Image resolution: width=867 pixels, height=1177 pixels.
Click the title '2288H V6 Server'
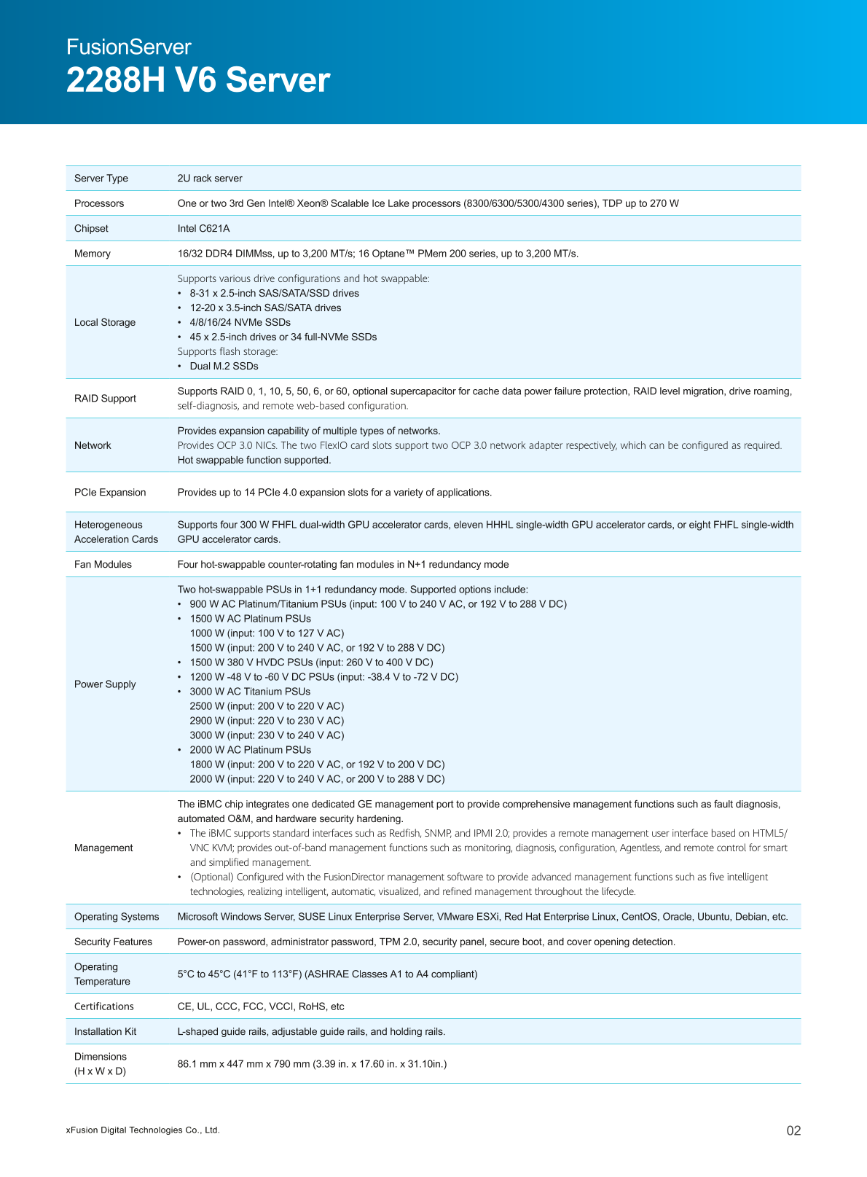198,80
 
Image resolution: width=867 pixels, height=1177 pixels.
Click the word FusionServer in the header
128,47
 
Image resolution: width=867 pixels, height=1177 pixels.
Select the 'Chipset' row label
91,229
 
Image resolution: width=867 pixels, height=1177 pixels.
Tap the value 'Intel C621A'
203,229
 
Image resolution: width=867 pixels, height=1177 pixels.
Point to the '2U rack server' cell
210,179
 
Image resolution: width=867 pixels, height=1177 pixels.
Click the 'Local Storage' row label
105,323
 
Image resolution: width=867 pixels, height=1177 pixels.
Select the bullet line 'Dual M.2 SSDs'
224,367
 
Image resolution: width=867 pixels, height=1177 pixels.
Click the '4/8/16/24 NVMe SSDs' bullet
240,323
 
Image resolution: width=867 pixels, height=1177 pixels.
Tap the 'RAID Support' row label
105,399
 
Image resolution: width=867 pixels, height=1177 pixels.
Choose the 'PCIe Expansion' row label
110,493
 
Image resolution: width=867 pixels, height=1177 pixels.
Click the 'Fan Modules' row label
103,565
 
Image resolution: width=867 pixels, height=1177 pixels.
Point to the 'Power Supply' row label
105,684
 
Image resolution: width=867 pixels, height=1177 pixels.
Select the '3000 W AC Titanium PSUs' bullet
250,692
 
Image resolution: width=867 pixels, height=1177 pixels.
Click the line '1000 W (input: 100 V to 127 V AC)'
267,633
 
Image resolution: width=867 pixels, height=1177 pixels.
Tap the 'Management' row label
103,848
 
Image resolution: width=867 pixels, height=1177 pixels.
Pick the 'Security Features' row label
113,942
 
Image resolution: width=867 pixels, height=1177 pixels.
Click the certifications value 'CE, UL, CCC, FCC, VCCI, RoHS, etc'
261,1007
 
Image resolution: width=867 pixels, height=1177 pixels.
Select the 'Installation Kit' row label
105,1032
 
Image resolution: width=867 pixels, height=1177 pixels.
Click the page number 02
793,1131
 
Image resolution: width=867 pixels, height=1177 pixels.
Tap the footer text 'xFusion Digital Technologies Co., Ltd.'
143,1130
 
